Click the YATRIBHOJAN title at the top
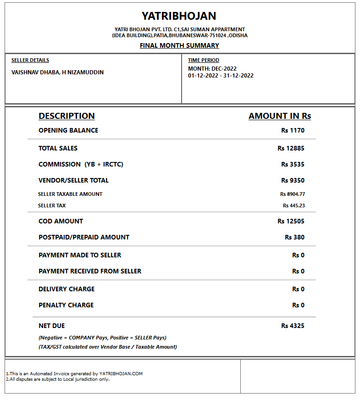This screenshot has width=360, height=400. pyautogui.click(x=179, y=16)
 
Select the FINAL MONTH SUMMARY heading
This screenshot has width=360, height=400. pyautogui.click(x=179, y=45)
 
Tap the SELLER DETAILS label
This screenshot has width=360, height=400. pyautogui.click(x=30, y=60)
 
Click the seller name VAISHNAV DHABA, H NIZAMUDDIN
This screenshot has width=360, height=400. pyautogui.click(x=57, y=72)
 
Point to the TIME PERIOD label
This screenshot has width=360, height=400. pyautogui.click(x=204, y=60)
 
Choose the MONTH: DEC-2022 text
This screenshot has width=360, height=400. pyautogui.click(x=212, y=69)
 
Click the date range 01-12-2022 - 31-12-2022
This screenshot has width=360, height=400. pyautogui.click(x=221, y=76)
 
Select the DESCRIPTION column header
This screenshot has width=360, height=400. pyautogui.click(x=66, y=116)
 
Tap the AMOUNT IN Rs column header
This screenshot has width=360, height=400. pyautogui.click(x=280, y=116)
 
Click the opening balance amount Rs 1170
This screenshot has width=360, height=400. pyautogui.click(x=293, y=130)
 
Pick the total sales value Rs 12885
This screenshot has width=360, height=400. pyautogui.click(x=291, y=148)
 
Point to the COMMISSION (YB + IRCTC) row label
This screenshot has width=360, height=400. pyautogui.click(x=81, y=164)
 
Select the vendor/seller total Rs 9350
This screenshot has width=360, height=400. pyautogui.click(x=293, y=180)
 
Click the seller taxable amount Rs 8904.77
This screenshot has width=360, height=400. pyautogui.click(x=293, y=194)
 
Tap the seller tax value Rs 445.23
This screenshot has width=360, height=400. pyautogui.click(x=294, y=206)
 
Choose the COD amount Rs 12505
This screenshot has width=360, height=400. pyautogui.click(x=291, y=221)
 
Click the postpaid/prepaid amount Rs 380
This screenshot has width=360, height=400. pyautogui.click(x=294, y=237)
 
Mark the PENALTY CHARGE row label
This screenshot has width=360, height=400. pyautogui.click(x=66, y=305)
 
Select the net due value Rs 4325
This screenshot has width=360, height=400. pyautogui.click(x=293, y=326)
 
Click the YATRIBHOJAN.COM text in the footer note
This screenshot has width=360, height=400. pyautogui.click(x=121, y=374)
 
